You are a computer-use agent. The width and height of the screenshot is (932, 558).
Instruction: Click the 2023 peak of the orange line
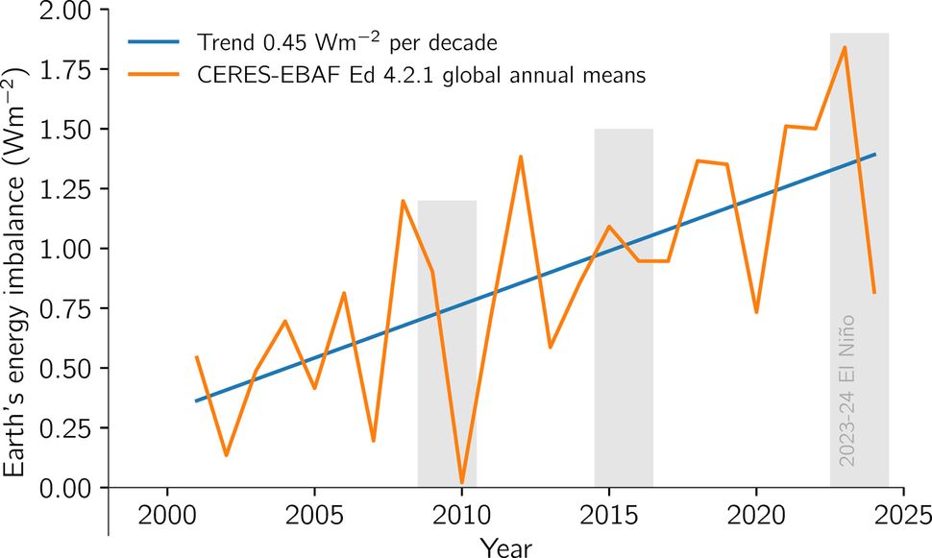(x=845, y=47)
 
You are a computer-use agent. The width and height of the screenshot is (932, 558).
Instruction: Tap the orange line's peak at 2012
(x=521, y=157)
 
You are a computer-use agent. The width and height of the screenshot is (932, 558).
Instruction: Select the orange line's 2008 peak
(x=403, y=201)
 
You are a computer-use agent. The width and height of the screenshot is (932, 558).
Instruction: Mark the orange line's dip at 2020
(x=756, y=312)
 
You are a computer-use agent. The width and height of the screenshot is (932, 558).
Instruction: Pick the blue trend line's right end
(x=874, y=154)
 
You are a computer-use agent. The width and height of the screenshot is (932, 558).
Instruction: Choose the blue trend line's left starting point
(x=196, y=400)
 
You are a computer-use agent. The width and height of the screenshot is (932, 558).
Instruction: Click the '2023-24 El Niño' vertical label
(x=846, y=389)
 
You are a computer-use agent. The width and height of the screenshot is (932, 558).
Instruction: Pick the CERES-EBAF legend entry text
(x=421, y=77)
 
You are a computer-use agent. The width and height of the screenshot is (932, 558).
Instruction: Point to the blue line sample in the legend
(x=153, y=42)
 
